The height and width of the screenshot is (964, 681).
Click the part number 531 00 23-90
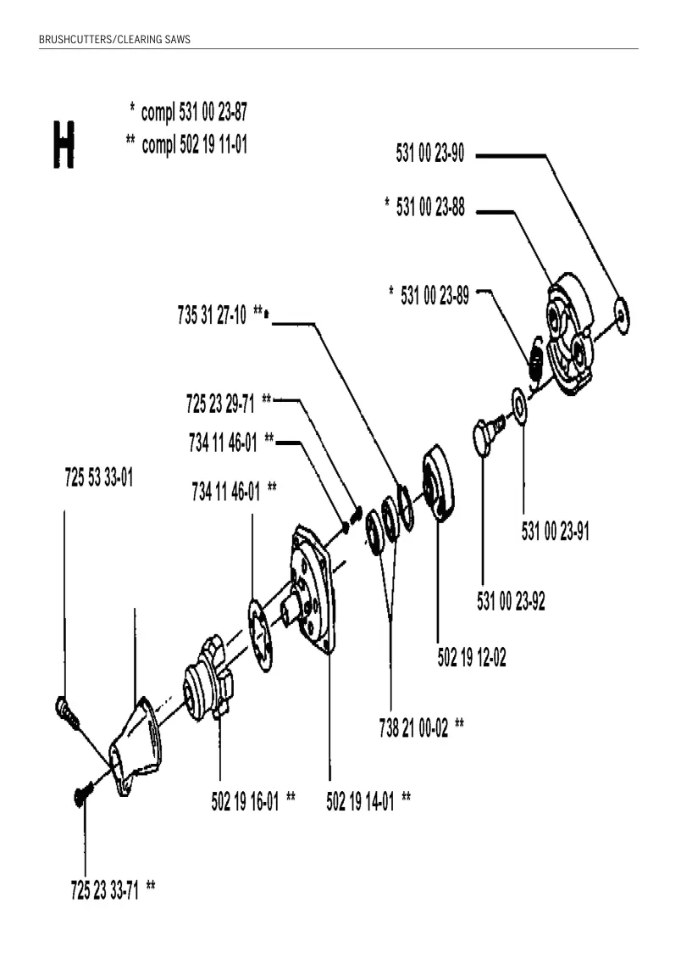tap(429, 153)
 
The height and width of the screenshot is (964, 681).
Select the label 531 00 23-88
tap(430, 207)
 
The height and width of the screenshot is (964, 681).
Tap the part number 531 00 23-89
tap(435, 295)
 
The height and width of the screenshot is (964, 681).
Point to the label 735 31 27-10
tap(212, 315)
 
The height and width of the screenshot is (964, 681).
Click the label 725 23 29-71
tap(220, 404)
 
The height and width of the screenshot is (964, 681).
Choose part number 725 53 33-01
tap(99, 477)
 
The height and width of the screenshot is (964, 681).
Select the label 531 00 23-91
tap(555, 532)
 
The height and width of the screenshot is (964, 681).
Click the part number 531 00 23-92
tap(511, 600)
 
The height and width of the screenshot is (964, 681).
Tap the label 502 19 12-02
tap(472, 657)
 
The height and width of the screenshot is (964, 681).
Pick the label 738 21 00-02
tap(413, 728)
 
